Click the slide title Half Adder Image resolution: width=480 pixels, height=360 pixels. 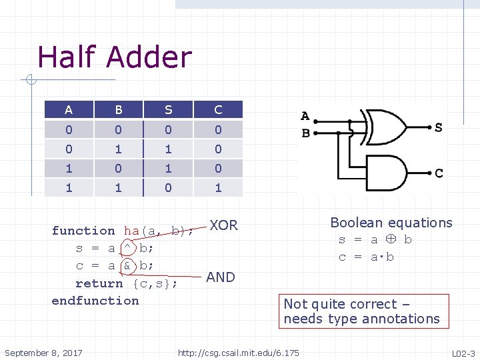tap(115, 57)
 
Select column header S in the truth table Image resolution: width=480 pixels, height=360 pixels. tap(168, 110)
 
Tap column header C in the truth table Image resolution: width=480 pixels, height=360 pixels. tap(218, 110)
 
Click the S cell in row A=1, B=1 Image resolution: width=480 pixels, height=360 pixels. tap(168, 188)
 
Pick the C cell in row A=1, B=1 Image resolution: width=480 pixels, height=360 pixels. tap(218, 188)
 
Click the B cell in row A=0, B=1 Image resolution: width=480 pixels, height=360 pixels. tap(118, 149)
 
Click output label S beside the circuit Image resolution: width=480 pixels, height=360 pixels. tap(438, 127)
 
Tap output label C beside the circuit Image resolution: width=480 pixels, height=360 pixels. tap(439, 173)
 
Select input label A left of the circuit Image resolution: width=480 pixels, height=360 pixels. tap(305, 117)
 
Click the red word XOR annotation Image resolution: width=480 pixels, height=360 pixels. tap(223, 225)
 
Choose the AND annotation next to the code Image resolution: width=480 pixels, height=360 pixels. tap(221, 277)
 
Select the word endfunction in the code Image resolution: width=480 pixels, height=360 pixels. tap(95, 301)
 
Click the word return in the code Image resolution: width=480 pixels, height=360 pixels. tap(99, 283)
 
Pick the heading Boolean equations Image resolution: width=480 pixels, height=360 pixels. tap(391, 223)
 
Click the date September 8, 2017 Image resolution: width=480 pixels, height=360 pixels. tap(43, 352)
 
